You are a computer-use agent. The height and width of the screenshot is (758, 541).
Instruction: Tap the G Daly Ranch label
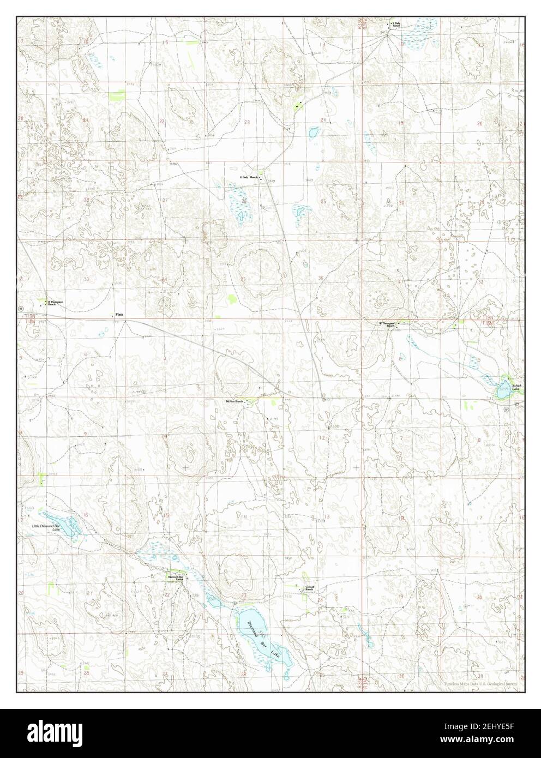248,178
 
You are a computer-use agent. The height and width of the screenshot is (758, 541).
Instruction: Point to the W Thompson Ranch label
387,324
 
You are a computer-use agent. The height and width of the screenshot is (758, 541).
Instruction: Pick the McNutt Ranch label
234,401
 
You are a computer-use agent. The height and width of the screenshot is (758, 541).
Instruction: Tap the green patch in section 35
233,298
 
